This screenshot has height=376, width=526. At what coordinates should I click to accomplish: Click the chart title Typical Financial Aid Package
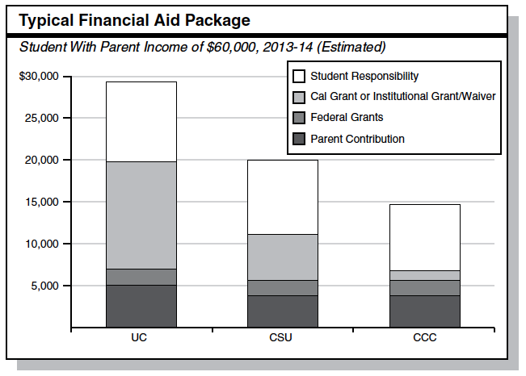134,19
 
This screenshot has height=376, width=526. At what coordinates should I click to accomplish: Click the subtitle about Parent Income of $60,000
202,47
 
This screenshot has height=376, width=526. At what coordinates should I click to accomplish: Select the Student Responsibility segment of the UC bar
141,121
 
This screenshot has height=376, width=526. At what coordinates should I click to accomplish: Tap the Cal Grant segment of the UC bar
141,215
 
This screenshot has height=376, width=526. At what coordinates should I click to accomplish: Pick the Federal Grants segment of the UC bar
141,277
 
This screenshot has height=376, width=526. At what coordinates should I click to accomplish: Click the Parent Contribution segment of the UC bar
141,306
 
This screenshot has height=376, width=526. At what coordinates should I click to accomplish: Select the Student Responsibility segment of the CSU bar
283,197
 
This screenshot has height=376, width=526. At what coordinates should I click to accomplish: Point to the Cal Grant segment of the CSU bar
283,257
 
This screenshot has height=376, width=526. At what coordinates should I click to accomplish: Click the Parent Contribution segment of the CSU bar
283,311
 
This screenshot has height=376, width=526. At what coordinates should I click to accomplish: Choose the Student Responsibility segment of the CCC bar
424,237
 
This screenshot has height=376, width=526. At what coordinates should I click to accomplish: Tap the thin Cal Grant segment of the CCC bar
424,275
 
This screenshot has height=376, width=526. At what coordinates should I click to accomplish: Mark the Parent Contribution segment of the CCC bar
424,311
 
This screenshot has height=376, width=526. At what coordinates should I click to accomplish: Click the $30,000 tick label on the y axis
38,77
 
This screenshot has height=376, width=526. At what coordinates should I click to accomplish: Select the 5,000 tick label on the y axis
43,286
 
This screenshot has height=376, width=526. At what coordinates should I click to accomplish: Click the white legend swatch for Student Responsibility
299,77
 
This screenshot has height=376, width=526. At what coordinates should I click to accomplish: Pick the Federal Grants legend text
347,118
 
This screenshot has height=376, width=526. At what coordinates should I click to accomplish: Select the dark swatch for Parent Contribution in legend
299,139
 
